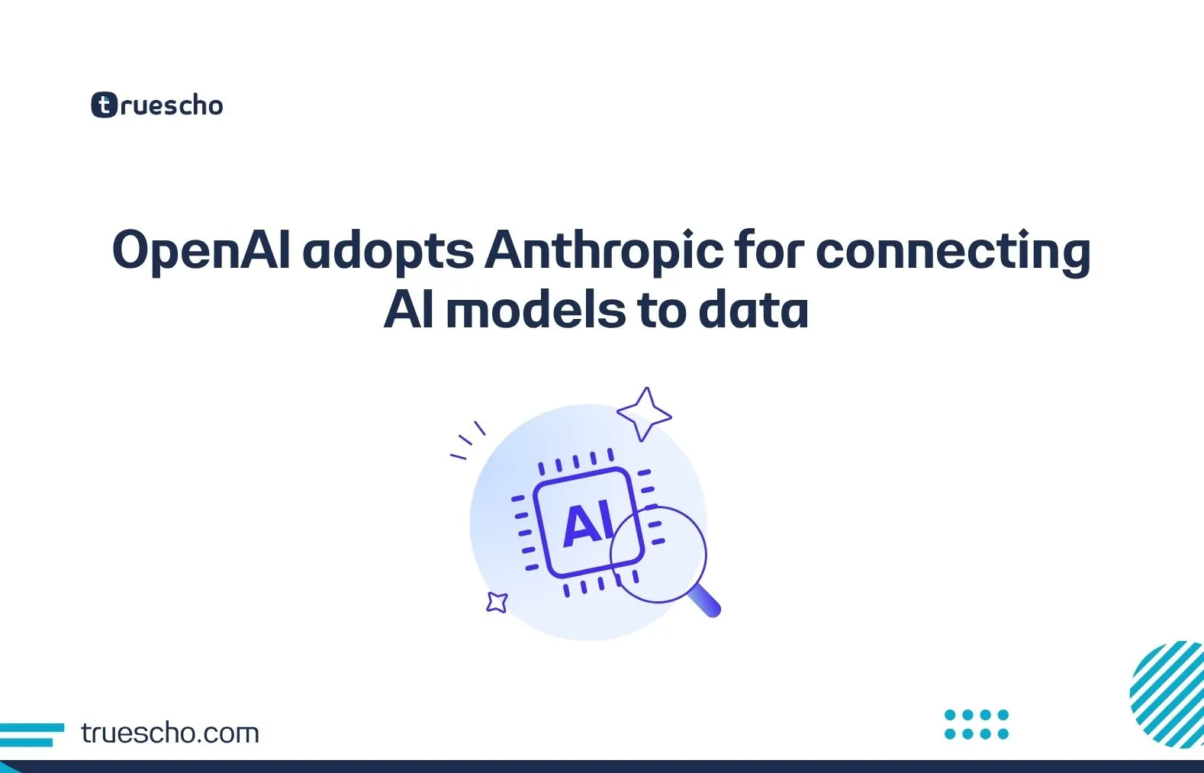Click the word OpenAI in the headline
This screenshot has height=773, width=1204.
(x=201, y=251)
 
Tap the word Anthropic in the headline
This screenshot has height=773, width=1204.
(x=604, y=251)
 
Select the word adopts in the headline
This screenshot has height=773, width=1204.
(x=388, y=251)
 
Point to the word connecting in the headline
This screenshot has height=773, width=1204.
(x=953, y=251)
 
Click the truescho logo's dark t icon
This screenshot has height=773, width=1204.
(x=104, y=105)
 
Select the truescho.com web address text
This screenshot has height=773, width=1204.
(x=169, y=733)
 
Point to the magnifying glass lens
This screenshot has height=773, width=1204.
(x=659, y=554)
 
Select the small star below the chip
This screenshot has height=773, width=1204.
(x=497, y=602)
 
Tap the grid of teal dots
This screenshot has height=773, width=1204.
(x=976, y=724)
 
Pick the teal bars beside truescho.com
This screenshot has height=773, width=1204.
(x=31, y=734)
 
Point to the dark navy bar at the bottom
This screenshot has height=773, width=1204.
(x=602, y=766)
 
